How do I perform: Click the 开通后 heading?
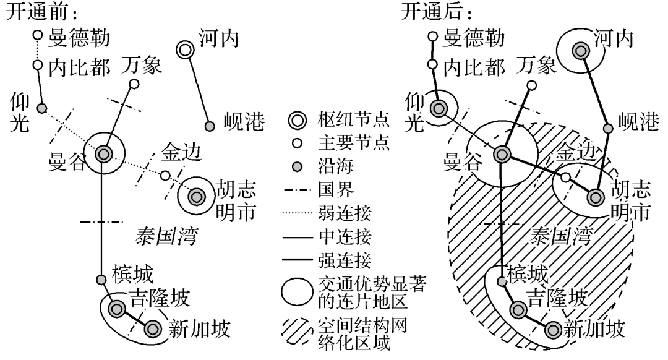[x=432, y=12]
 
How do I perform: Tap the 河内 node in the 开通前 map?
[x=184, y=50]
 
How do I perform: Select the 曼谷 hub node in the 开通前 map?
[x=103, y=153]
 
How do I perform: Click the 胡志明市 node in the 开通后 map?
[x=596, y=197]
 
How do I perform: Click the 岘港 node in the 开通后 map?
[x=608, y=127]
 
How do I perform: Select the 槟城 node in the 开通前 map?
[x=101, y=280]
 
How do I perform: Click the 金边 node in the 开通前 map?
[x=165, y=176]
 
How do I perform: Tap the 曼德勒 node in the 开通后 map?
[x=432, y=36]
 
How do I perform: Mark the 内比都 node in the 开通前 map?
[x=37, y=64]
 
